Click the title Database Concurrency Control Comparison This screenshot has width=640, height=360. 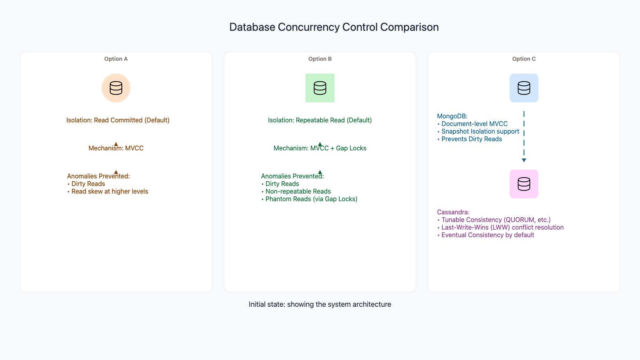point(334,27)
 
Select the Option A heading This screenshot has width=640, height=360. point(116,59)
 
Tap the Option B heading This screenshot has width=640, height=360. point(320,59)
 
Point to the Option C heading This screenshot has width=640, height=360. point(524,59)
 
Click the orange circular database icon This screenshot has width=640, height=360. point(116,88)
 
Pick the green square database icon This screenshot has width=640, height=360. point(320,88)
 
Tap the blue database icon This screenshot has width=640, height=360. point(524,88)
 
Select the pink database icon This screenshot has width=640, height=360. point(524,184)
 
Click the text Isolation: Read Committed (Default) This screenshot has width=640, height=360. point(118,120)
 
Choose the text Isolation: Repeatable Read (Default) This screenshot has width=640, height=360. point(320,120)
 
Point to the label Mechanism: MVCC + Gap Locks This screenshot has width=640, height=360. point(320,148)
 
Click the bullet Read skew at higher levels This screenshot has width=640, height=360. point(108,192)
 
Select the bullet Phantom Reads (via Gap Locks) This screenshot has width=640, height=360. point(309,199)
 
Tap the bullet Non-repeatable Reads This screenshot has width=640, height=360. point(296,192)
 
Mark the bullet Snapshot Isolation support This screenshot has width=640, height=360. point(478,132)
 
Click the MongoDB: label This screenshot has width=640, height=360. point(452,116)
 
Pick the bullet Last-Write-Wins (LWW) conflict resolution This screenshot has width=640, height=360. point(500,228)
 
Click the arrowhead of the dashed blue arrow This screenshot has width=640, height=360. point(524,160)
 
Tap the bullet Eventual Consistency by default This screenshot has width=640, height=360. point(486,235)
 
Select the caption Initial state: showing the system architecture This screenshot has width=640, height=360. point(320,304)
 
